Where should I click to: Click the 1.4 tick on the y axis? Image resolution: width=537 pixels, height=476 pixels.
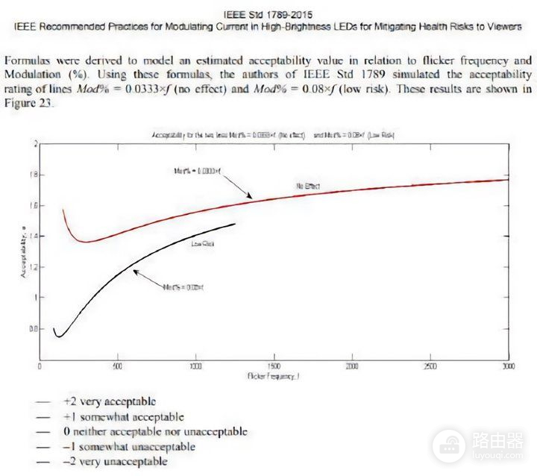point(31,237)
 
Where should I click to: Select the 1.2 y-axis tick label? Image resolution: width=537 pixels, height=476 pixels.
point(31,267)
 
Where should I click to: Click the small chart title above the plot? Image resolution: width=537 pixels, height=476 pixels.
point(273,134)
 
